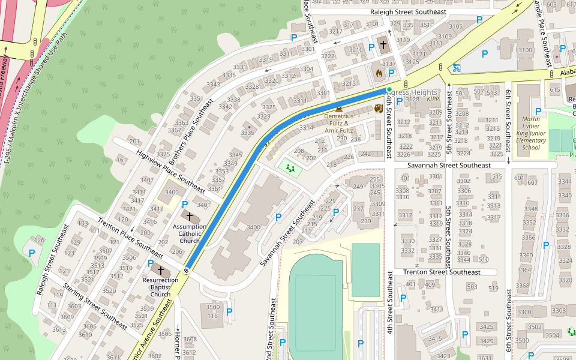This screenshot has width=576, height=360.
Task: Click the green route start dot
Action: [389, 89]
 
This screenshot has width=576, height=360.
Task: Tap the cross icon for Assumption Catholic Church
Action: [190, 217]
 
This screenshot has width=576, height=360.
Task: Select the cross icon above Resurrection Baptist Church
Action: [160, 271]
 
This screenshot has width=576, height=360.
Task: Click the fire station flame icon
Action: [379, 73]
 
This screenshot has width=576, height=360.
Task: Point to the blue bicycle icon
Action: [457, 68]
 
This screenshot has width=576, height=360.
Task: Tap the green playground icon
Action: [292, 169]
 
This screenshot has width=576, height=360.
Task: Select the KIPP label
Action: [433, 99]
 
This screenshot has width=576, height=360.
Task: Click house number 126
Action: [40, 240]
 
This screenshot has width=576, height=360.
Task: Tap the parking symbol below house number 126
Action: [32, 253]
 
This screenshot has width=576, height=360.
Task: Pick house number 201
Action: [134, 142]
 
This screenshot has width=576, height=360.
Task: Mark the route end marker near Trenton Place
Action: [187, 271]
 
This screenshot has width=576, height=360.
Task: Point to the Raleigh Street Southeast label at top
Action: [408, 12]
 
